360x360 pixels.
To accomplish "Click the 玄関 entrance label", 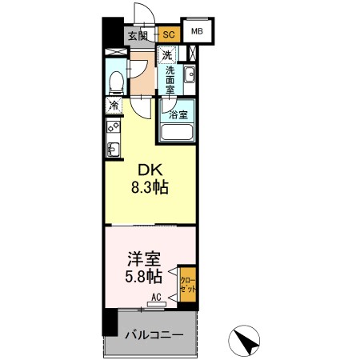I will (x=137, y=34).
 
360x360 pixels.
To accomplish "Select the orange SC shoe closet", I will (x=168, y=34).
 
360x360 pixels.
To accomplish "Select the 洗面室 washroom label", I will (x=170, y=81).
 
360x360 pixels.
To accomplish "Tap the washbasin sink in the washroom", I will (x=190, y=76).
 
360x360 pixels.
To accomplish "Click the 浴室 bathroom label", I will (x=179, y=114).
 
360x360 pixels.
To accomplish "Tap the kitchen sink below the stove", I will (x=112, y=148).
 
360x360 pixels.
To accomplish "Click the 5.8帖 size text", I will (x=145, y=278).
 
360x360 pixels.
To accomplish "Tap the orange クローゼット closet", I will (x=187, y=286).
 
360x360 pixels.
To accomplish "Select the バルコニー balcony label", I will (x=157, y=336).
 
